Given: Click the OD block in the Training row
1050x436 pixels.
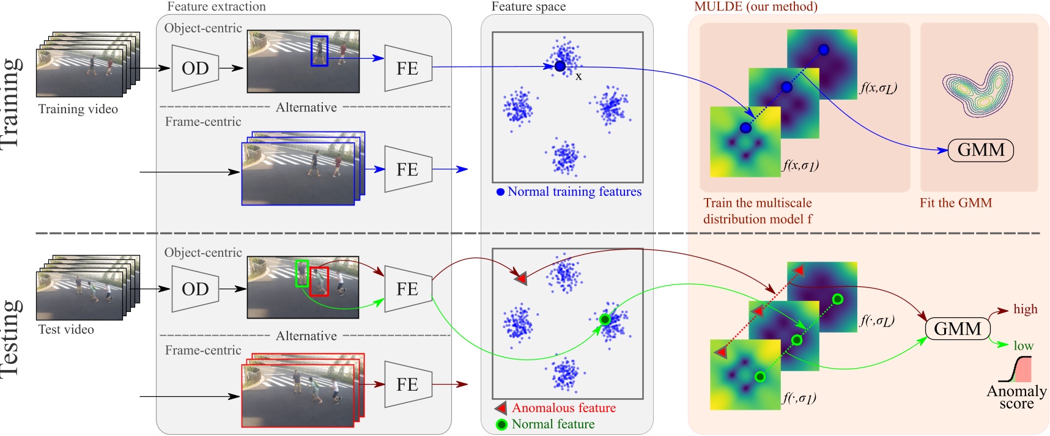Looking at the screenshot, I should coord(195,68).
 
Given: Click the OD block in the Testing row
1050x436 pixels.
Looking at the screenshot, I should coord(195,289).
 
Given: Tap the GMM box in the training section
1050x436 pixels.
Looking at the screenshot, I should coord(980,150).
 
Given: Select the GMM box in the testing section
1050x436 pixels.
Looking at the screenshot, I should coord(957,329).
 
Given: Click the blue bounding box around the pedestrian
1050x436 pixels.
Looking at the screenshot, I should coord(319,51).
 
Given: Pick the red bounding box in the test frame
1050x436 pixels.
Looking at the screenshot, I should coord(319,281).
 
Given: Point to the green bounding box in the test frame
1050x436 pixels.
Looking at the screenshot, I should coord(301,273).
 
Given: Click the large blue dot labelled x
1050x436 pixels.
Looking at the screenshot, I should coord(560,66).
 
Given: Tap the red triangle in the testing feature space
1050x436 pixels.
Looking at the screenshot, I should coord(520,278).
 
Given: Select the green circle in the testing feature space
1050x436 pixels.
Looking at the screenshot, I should coord(605,319).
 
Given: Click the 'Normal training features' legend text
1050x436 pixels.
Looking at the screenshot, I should coord(574,192).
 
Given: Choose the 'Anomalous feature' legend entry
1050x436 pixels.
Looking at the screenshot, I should coord(563,408).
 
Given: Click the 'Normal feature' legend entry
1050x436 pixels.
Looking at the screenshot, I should coord(553,424).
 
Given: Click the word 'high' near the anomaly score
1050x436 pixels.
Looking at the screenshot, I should coord(1025,309).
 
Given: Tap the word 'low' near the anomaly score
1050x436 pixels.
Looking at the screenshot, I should coord(1023,346).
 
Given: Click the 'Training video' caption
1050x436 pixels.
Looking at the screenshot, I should coord(78,109).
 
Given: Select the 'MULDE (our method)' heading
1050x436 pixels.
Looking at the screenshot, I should coord(755,7).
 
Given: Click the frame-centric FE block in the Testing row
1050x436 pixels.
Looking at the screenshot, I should coord(408,385).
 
